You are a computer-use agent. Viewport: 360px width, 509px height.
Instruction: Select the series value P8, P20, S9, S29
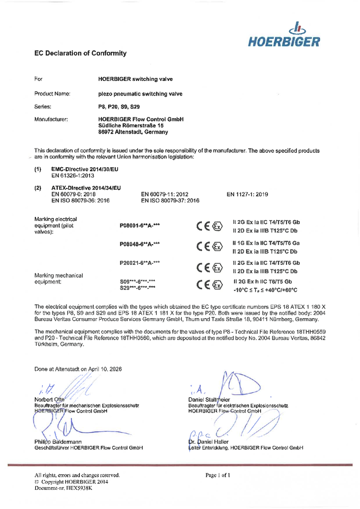119,106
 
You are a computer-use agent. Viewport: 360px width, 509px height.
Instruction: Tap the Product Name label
52,93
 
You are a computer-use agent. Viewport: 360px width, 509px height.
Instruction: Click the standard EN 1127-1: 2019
247,194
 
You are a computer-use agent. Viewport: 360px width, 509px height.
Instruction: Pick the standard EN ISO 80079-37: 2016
170,200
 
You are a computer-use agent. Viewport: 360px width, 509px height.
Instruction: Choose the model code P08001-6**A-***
139,225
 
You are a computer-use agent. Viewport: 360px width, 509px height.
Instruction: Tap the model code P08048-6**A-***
139,244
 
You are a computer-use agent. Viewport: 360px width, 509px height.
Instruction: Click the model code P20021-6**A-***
139,263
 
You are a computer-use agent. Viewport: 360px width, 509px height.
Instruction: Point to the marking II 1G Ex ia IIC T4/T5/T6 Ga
266,244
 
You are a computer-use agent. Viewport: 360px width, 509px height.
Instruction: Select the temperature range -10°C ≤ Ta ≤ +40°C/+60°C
265,290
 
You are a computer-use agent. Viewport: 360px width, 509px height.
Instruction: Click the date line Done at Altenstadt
78,368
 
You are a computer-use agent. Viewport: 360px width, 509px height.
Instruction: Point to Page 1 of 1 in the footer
218,475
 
